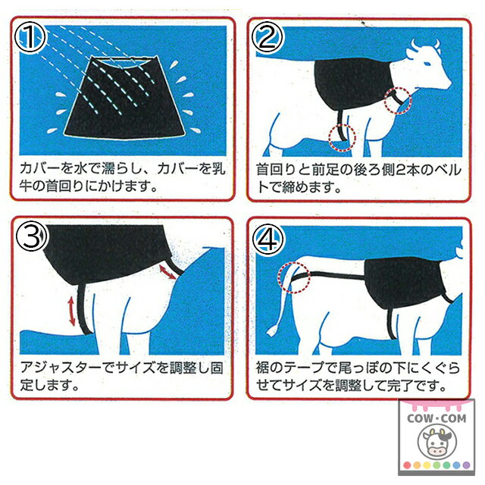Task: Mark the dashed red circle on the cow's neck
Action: pos(399,99)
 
